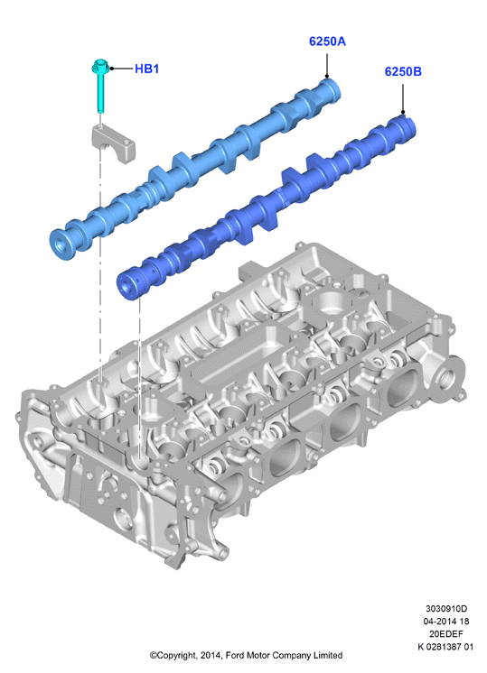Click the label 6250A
coord(327,41)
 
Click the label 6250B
coord(403,71)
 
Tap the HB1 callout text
coord(146,69)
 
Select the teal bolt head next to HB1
coord(100,67)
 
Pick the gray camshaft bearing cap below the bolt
coord(113,143)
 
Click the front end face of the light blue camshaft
coord(60,244)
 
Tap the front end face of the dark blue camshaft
coord(127,284)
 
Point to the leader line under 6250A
coord(327,65)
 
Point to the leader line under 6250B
coord(403,98)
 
